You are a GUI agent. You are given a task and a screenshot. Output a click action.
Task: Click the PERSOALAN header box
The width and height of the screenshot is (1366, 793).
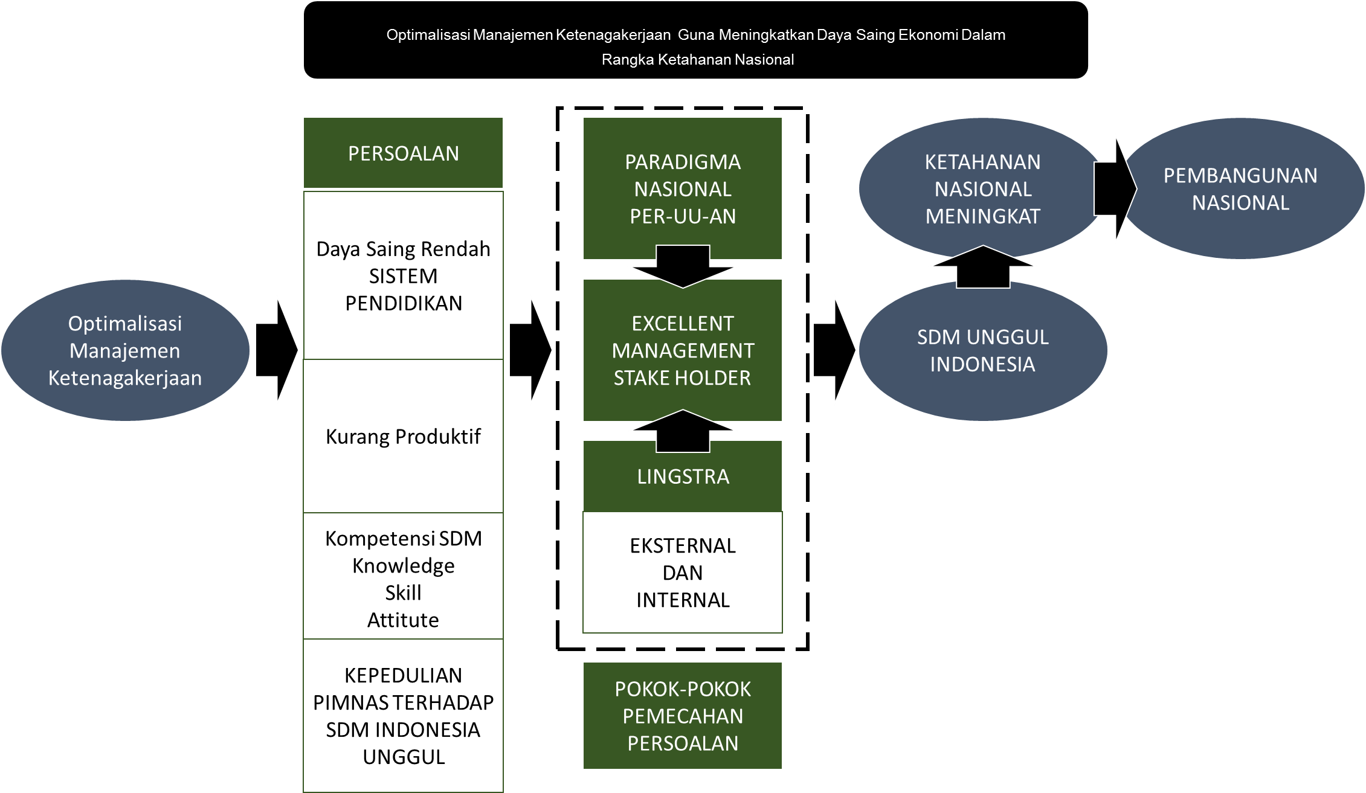[x=403, y=153]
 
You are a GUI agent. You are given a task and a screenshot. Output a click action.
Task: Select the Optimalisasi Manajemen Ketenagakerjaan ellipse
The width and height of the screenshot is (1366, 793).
[x=125, y=350]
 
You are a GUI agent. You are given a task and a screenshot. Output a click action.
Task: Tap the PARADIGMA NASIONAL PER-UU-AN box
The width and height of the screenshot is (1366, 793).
[x=682, y=188]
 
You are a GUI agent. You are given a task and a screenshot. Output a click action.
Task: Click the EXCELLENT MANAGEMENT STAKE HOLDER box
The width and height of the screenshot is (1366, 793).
[x=682, y=350]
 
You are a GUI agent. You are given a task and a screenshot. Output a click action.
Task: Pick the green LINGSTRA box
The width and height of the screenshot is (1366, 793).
[x=682, y=477]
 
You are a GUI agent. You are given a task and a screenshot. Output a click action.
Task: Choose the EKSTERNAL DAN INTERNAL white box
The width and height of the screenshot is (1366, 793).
[x=682, y=572]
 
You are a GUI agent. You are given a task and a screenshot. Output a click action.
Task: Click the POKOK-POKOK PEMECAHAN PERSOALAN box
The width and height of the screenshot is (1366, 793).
[x=682, y=716]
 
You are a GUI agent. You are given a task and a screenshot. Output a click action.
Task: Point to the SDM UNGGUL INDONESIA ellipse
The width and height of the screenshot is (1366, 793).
[x=982, y=350]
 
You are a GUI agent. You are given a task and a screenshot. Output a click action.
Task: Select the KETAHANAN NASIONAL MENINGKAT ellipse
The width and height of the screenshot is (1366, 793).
[x=982, y=188]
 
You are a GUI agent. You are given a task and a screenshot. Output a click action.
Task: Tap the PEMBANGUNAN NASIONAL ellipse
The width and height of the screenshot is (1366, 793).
[x=1240, y=188]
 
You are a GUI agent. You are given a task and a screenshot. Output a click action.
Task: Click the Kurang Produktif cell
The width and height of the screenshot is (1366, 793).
[x=403, y=436]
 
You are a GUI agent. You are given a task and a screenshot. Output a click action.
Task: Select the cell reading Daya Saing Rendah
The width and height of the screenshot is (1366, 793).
[x=403, y=249]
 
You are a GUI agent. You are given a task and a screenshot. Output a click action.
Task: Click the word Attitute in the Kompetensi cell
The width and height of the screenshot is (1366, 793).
[x=403, y=620]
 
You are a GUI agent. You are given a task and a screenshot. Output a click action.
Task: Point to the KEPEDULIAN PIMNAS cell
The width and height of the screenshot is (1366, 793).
[x=403, y=716]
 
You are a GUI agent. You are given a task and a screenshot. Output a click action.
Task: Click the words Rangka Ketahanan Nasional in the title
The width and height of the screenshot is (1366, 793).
[x=697, y=60]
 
